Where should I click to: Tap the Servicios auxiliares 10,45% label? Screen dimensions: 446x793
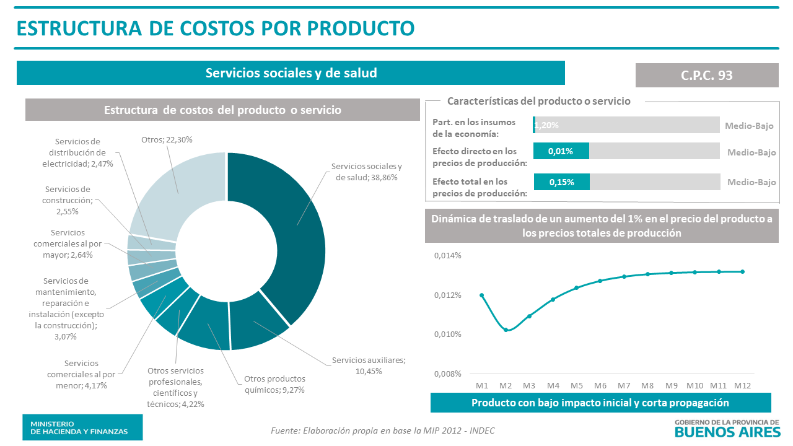coord(368,365)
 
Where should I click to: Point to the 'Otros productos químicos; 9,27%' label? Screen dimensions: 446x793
coord(274,384)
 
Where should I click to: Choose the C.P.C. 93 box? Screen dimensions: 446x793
coord(706,75)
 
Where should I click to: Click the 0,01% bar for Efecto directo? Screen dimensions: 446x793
coord(561,151)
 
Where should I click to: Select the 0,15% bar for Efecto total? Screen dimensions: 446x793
coord(561,181)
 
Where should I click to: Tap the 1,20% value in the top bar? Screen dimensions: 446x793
coord(546,125)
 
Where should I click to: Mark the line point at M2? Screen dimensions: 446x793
coord(506,330)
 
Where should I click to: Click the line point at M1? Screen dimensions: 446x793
coord(481,295)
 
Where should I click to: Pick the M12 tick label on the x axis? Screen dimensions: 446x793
coord(742,385)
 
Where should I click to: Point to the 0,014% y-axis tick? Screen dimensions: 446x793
coord(447,255)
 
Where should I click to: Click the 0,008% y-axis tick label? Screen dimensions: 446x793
coord(447,374)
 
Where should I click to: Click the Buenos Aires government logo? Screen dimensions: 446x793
coord(727,427)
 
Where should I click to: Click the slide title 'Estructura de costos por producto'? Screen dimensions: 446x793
coord(215,28)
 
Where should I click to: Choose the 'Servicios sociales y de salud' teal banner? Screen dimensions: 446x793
coord(291,73)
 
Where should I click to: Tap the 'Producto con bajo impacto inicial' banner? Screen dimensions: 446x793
coord(600,403)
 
